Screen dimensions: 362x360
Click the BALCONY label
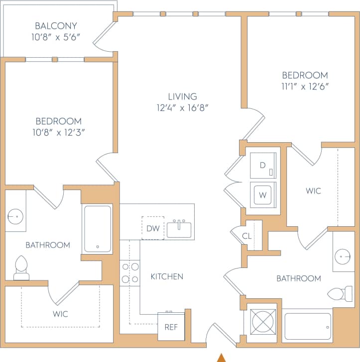pyautogui.click(x=56, y=26)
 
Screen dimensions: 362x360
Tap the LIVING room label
pyautogui.click(x=182, y=96)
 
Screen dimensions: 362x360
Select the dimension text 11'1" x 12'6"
pyautogui.click(x=305, y=86)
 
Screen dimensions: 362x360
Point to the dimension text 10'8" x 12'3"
pyautogui.click(x=58, y=132)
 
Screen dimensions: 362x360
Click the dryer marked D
pyautogui.click(x=262, y=166)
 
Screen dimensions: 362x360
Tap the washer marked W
pyautogui.click(x=262, y=194)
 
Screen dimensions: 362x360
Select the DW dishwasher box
pyautogui.click(x=152, y=228)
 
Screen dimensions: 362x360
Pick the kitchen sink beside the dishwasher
pyautogui.click(x=179, y=230)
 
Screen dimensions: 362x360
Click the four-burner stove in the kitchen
pyautogui.click(x=129, y=273)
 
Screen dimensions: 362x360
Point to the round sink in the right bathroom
pyautogui.click(x=343, y=257)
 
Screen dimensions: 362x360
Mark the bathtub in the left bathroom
pyautogui.click(x=97, y=229)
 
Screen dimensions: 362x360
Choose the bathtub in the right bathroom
pyautogui.click(x=307, y=326)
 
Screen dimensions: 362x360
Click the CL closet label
pyautogui.click(x=246, y=236)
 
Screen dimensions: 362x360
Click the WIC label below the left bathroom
pyautogui.click(x=60, y=314)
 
